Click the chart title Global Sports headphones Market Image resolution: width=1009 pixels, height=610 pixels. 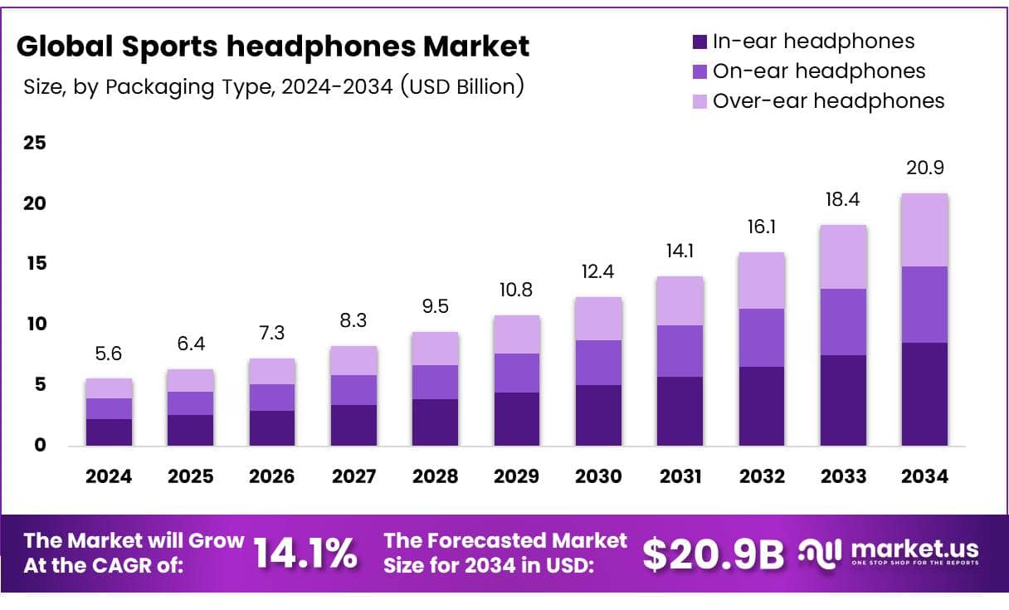pyautogui.click(x=273, y=46)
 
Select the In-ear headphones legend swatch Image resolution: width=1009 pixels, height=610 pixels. pyautogui.click(x=699, y=41)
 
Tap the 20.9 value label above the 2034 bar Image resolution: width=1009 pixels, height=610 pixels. pyautogui.click(x=924, y=168)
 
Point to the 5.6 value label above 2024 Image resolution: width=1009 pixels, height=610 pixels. pyautogui.click(x=109, y=354)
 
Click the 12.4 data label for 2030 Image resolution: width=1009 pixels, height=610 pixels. pyautogui.click(x=598, y=272)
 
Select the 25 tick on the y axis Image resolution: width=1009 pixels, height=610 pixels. pyautogui.click(x=34, y=144)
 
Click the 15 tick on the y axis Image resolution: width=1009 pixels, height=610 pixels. pyautogui.click(x=34, y=264)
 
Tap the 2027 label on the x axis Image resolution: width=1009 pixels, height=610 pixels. pyautogui.click(x=353, y=476)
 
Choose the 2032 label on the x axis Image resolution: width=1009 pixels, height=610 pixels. pyautogui.click(x=762, y=476)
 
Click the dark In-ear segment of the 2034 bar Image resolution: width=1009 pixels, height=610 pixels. pyautogui.click(x=924, y=394)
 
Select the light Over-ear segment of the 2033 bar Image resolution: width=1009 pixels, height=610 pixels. pyautogui.click(x=842, y=256)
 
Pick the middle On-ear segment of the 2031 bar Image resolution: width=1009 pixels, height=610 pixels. pyautogui.click(x=680, y=351)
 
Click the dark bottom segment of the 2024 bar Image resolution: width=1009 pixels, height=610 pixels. pyautogui.click(x=109, y=432)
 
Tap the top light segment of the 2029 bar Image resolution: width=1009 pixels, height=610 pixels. pyautogui.click(x=517, y=334)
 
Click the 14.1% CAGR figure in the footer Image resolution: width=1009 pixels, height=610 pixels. pyautogui.click(x=305, y=553)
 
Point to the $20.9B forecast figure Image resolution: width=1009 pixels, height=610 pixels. pyautogui.click(x=713, y=554)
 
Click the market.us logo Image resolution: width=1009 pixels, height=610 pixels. pyautogui.click(x=888, y=551)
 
